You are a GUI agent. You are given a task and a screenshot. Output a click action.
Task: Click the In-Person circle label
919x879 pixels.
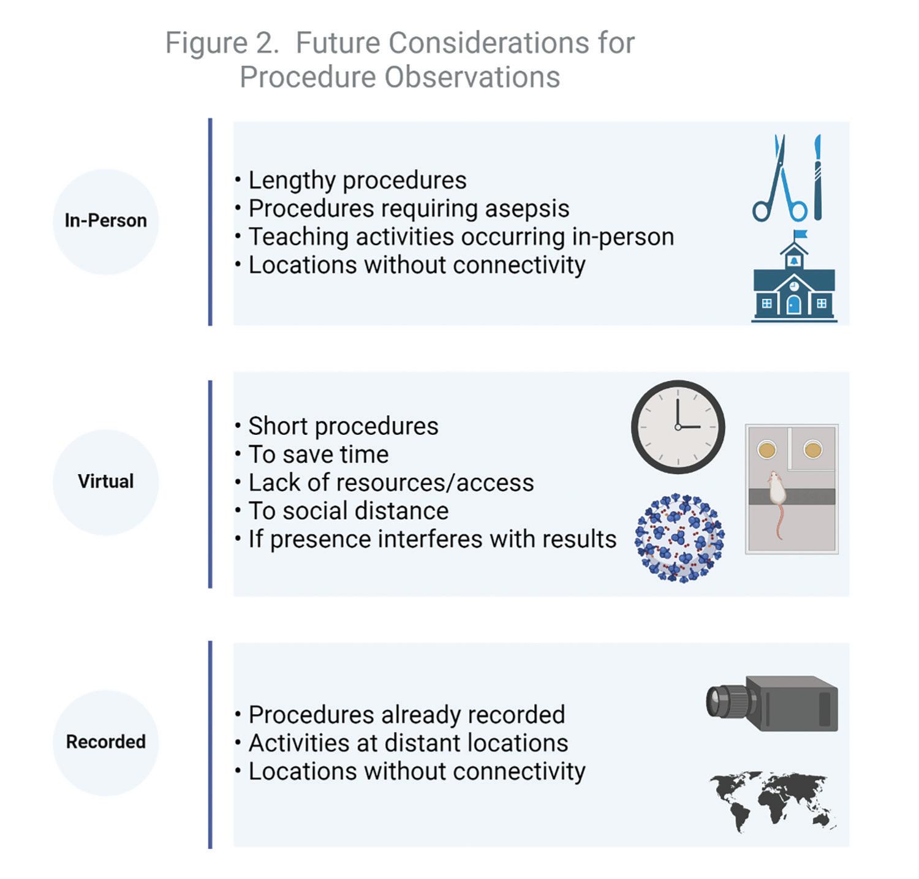(x=105, y=221)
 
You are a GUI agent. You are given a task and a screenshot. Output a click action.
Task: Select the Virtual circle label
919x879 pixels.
(x=105, y=481)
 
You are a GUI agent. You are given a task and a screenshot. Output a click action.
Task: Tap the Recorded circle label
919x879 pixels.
(x=105, y=742)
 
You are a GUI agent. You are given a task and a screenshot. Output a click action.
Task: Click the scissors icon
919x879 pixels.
(x=779, y=181)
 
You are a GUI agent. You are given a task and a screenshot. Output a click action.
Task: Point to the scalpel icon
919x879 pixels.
(x=817, y=178)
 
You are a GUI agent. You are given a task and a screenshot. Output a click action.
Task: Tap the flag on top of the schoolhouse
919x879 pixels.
(x=800, y=234)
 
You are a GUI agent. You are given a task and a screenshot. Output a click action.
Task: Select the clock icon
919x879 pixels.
(x=678, y=427)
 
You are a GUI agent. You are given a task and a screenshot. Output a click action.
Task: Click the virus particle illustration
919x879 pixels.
(x=679, y=538)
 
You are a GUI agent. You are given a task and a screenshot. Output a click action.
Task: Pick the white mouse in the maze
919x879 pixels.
(x=776, y=493)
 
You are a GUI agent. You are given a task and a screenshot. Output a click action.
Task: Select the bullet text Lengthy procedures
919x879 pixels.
(x=357, y=181)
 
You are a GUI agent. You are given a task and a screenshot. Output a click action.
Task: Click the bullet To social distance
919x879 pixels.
(x=348, y=511)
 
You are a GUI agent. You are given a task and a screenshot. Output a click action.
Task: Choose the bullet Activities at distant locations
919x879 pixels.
(x=408, y=743)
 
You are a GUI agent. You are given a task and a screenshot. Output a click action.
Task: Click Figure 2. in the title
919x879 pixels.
(x=222, y=43)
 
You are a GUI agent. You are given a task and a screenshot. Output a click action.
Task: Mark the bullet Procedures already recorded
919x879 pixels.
(x=406, y=715)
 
